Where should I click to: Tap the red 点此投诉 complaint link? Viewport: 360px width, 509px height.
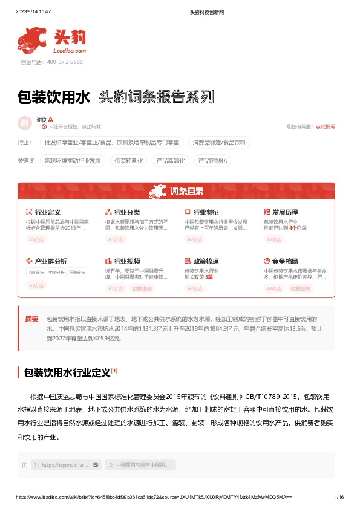click(325, 126)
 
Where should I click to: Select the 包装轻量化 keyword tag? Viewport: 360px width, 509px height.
click(129, 161)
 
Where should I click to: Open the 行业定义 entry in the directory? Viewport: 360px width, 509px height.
click(48, 213)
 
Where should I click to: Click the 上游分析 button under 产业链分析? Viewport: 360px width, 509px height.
click(36, 273)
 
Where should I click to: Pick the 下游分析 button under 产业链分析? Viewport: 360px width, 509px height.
click(77, 273)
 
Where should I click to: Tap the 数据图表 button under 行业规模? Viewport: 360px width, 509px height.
click(142, 289)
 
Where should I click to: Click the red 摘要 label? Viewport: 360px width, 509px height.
click(31, 319)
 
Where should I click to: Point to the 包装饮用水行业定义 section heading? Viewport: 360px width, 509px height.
click(67, 372)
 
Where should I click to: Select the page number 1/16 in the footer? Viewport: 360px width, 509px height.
click(339, 496)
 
